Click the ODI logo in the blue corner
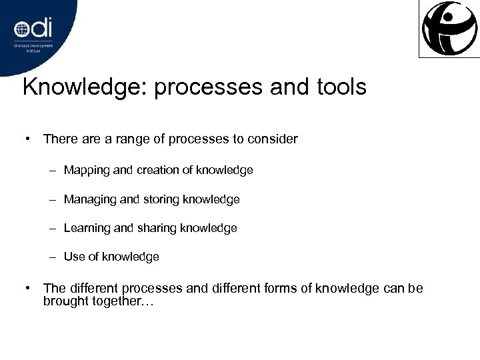pyautogui.click(x=33, y=31)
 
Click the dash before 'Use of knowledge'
pyautogui.click(x=52, y=257)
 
